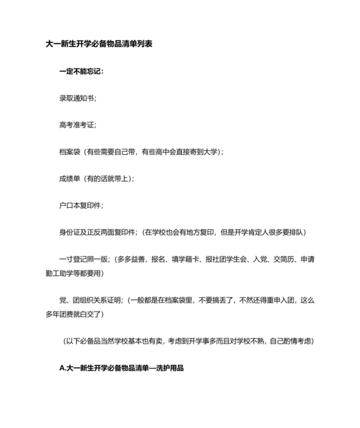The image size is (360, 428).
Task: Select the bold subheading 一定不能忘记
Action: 81,71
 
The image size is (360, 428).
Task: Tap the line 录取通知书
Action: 78,98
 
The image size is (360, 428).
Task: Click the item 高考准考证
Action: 78,124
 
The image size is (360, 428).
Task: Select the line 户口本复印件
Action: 81,205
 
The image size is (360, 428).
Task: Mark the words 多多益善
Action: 130,259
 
